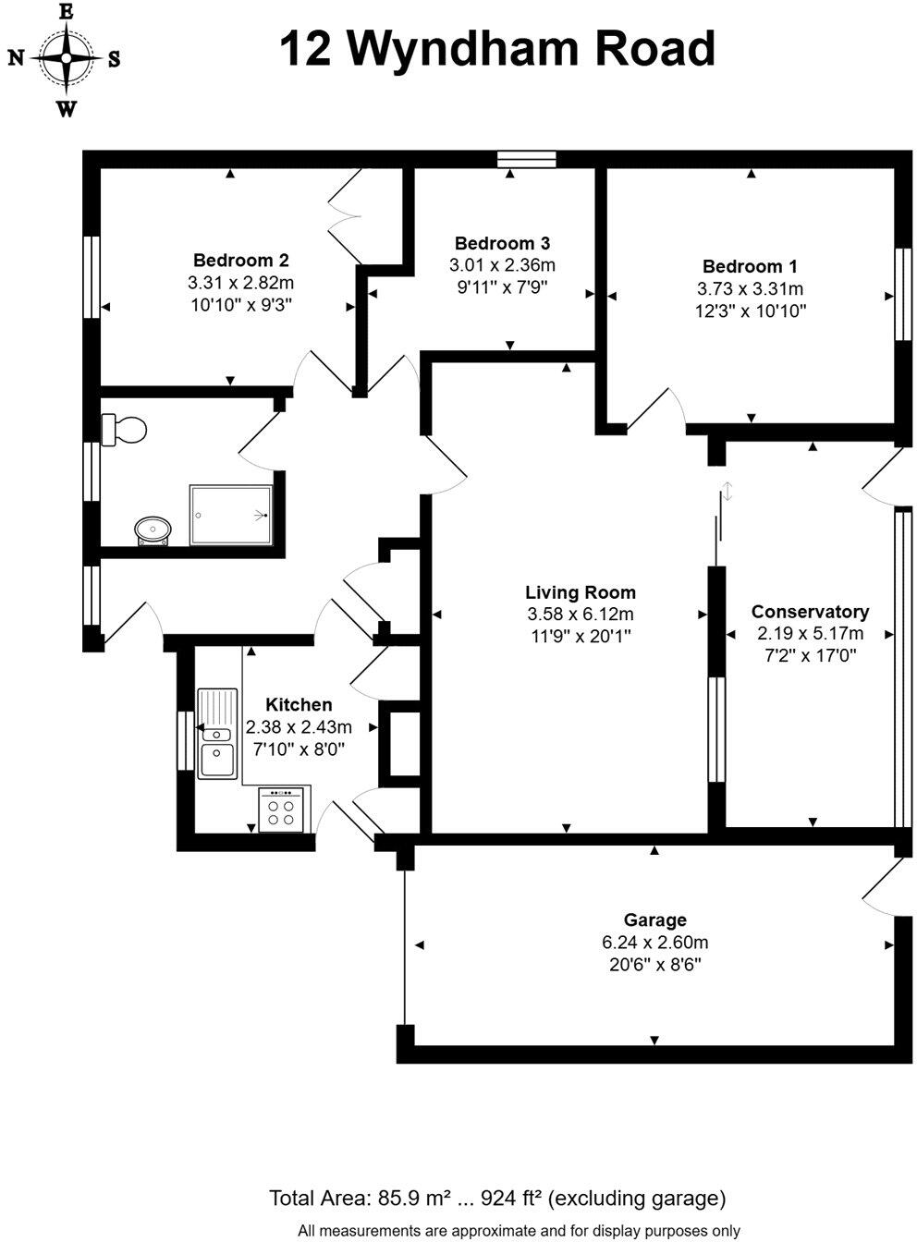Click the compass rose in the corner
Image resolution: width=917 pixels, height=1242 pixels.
(67, 58)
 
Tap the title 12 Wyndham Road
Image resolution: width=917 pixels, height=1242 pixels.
(497, 49)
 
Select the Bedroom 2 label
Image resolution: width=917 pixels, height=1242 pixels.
(241, 261)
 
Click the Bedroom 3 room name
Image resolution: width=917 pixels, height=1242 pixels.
(502, 244)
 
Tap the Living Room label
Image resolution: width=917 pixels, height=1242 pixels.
(581, 592)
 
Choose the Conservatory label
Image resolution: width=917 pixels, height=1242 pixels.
(810, 612)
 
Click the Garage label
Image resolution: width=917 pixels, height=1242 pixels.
(654, 920)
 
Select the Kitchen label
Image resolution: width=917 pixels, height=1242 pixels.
(299, 705)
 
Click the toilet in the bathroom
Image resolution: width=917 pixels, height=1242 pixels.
(126, 429)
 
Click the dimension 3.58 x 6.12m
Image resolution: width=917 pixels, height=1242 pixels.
(581, 615)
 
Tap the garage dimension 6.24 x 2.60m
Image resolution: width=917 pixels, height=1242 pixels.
(654, 944)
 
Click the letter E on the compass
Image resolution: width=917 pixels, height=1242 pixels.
(66, 12)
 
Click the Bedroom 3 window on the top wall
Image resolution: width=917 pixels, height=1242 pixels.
(527, 159)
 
